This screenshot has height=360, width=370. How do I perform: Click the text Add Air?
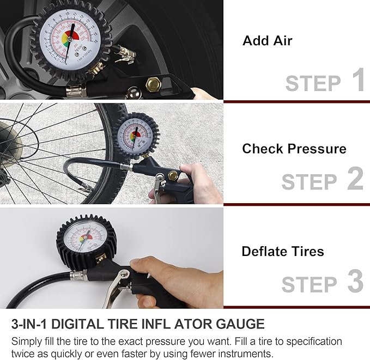(267, 41)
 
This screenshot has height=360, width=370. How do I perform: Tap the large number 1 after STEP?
(357, 80)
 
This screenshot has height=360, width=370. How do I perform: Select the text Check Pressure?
(294, 149)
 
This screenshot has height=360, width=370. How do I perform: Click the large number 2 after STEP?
(355, 179)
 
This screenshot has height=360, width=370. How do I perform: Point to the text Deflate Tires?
(282, 252)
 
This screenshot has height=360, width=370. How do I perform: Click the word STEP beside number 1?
(313, 83)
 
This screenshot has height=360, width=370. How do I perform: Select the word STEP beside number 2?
(309, 182)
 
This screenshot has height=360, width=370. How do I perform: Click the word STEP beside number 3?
(309, 284)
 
